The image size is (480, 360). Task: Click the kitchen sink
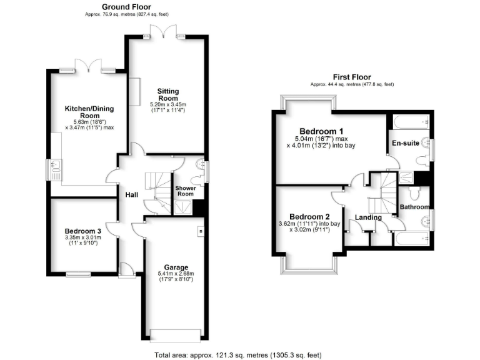[x=54, y=167]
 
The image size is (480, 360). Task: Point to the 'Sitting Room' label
[x=167, y=94]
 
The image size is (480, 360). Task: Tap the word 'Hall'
[x=131, y=195]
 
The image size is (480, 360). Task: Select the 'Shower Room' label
[x=186, y=191]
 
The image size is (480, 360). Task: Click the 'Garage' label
[x=176, y=267]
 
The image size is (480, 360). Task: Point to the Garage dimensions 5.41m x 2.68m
[x=176, y=276]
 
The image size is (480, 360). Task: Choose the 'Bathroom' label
[x=414, y=207]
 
